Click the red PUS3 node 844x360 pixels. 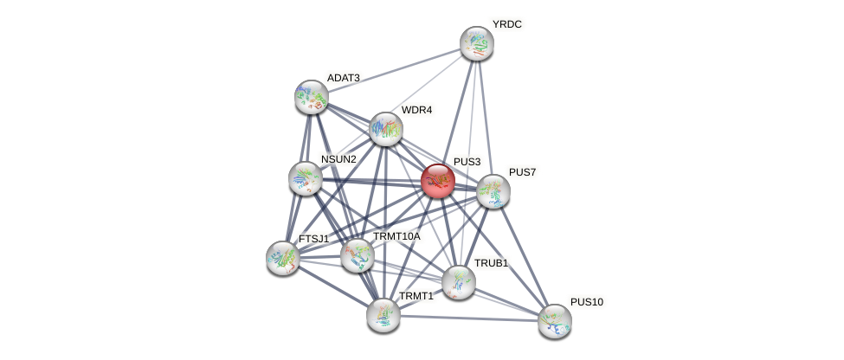438,181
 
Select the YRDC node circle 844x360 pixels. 476,43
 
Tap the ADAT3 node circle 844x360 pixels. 311,97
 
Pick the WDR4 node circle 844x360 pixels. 386,129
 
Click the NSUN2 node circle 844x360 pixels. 305,178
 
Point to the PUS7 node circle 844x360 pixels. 493,191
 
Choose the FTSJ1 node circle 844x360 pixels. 282,257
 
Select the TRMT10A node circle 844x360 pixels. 357,255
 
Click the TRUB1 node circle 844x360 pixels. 458,282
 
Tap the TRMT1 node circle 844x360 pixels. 383,314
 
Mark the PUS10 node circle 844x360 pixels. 554,321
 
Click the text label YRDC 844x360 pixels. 506,24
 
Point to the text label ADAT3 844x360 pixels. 343,78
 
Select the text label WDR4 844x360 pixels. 416,110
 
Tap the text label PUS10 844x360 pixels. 587,302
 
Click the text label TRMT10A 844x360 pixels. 396,236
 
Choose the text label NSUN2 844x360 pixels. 338,159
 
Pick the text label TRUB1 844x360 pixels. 490,263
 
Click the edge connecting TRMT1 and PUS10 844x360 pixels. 468,318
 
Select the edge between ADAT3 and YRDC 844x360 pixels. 394,70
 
